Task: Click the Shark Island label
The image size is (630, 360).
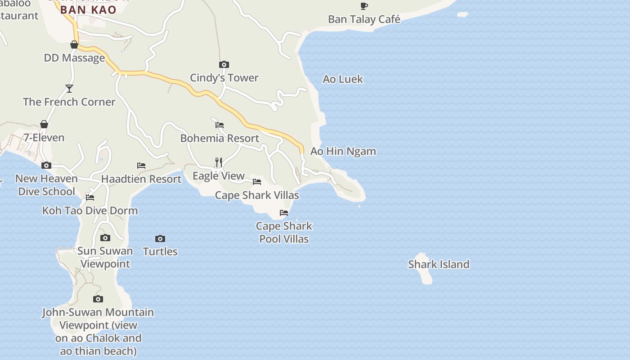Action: (438, 264)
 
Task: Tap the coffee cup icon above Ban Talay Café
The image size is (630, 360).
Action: (364, 6)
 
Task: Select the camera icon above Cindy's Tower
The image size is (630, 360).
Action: (224, 65)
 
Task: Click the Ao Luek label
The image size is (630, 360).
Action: (343, 79)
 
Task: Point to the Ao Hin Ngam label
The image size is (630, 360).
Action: (343, 151)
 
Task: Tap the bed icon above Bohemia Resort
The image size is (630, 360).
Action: (220, 125)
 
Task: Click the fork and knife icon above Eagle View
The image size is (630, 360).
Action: (219, 162)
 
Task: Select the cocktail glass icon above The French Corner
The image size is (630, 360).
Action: (69, 89)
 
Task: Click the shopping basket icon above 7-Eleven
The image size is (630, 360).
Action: (44, 124)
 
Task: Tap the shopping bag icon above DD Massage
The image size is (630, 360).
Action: (74, 45)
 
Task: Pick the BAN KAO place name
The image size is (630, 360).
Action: (88, 10)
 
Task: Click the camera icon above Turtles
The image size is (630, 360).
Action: (160, 238)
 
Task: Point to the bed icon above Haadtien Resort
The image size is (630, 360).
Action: (141, 166)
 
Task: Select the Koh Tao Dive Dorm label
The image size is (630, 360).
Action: (90, 211)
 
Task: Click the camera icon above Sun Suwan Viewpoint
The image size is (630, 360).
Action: (105, 238)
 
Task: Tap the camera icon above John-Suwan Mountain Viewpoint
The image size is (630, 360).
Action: (98, 299)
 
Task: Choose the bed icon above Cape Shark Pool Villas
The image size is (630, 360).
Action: (284, 213)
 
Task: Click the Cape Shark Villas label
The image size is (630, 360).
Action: (257, 195)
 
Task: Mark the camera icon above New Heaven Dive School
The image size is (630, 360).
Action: (46, 166)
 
